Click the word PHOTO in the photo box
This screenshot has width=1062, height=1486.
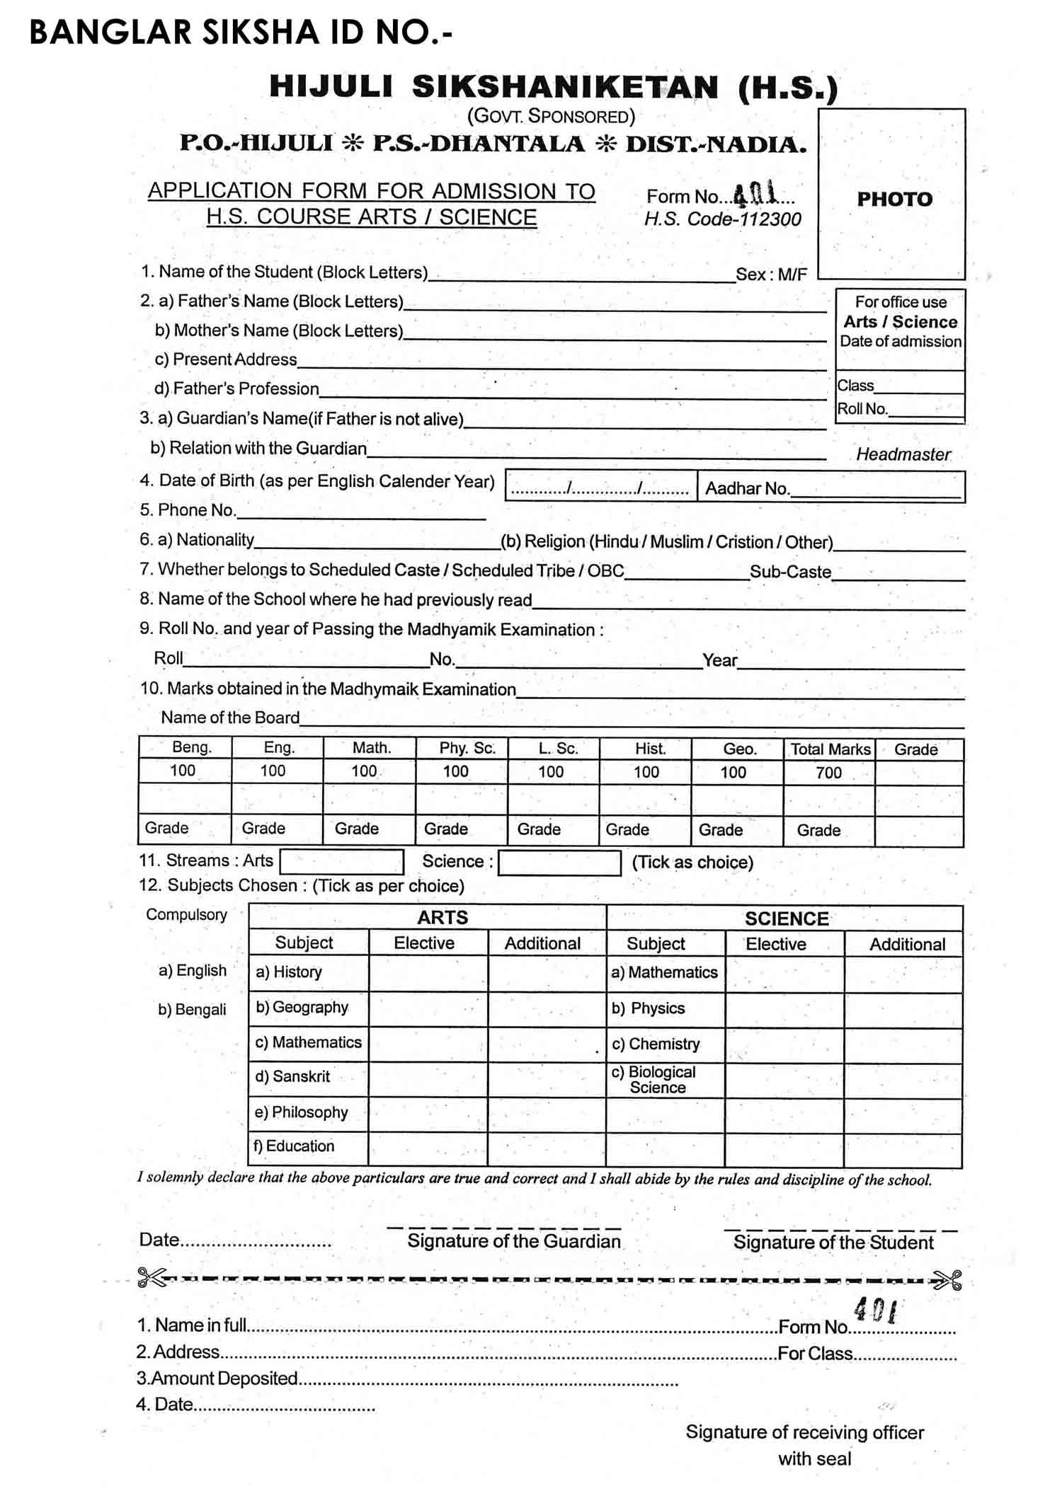(x=894, y=199)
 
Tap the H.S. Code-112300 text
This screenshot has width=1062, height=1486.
(x=722, y=219)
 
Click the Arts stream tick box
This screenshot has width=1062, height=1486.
(x=342, y=861)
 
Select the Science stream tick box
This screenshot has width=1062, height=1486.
(x=559, y=863)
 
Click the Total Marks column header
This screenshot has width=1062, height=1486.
(x=830, y=749)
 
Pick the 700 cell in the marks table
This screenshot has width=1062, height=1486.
(x=828, y=773)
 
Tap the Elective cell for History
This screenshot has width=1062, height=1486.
(x=428, y=973)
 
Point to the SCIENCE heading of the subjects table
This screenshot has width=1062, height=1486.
(x=786, y=918)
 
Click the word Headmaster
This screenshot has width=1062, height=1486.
(x=903, y=454)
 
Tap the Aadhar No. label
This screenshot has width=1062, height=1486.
(x=747, y=488)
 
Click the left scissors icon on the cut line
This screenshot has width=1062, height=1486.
(x=151, y=1277)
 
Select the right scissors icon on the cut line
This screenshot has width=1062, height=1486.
(x=947, y=1280)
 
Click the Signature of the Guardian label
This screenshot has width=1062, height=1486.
(x=513, y=1241)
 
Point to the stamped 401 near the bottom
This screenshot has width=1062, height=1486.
(x=875, y=1311)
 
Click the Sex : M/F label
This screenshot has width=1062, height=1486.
(x=771, y=275)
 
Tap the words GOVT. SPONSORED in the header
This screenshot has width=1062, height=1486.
(x=551, y=116)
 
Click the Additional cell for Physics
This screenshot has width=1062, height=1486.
(x=903, y=1009)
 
